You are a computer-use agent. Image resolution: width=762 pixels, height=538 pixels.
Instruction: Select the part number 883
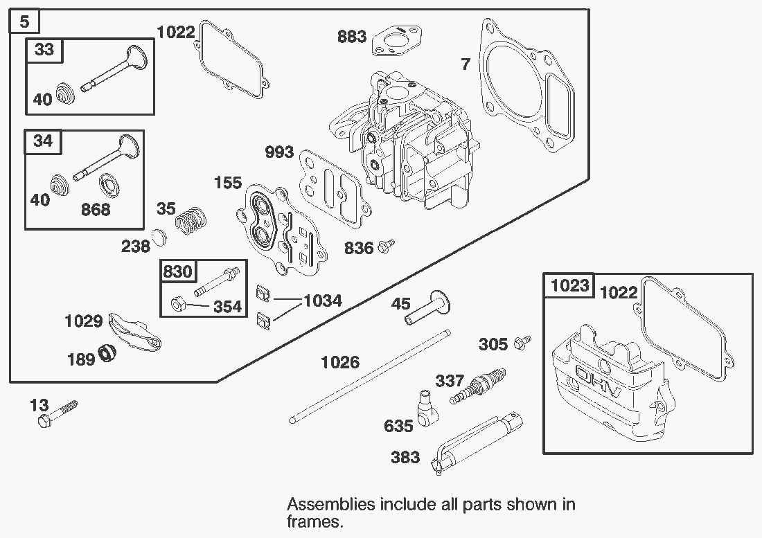pyautogui.click(x=352, y=36)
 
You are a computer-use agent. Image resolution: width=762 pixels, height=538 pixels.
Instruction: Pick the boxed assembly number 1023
pyautogui.click(x=569, y=285)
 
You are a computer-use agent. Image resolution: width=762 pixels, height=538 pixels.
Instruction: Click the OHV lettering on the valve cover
pyautogui.click(x=600, y=382)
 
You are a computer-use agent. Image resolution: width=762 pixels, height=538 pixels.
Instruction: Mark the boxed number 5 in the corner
pyautogui.click(x=24, y=21)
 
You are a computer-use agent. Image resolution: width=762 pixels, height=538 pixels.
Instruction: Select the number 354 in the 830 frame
pyautogui.click(x=227, y=306)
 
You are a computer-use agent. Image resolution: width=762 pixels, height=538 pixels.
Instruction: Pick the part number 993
pyautogui.click(x=279, y=152)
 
